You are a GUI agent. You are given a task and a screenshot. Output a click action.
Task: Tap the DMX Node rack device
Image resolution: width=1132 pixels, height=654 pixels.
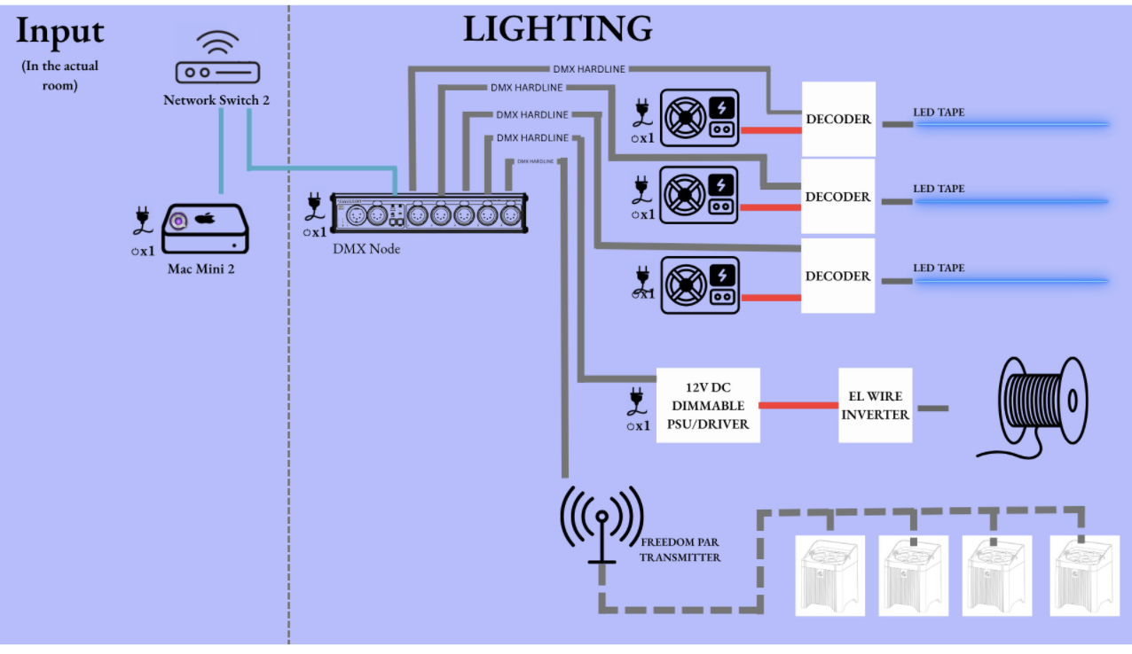click(429, 214)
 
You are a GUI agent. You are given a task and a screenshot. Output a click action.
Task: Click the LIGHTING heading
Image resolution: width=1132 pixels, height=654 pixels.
click(557, 29)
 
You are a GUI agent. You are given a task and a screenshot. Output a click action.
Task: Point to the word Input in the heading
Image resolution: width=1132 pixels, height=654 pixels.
click(60, 31)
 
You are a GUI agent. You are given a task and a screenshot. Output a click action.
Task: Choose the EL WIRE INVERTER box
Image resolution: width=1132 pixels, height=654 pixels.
click(875, 407)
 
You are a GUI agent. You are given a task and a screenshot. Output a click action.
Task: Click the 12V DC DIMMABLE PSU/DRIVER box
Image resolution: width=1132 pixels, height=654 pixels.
click(708, 406)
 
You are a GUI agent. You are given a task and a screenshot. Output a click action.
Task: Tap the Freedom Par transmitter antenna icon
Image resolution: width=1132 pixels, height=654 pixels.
click(601, 524)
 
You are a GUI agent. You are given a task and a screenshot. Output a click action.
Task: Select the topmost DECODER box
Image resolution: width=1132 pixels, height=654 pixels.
click(838, 119)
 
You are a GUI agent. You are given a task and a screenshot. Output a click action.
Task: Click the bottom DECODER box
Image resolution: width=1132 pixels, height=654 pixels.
click(837, 276)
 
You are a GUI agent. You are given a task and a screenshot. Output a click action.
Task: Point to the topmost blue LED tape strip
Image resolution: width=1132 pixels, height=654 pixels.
click(1012, 124)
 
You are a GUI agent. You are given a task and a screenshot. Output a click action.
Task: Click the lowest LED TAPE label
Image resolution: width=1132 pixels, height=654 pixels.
click(939, 268)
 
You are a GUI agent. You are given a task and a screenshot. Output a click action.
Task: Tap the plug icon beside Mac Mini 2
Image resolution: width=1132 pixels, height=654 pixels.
click(141, 220)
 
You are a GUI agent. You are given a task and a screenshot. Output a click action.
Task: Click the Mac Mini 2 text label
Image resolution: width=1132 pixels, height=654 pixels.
click(200, 269)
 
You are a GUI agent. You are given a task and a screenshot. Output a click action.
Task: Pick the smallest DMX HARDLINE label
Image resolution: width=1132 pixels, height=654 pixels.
click(536, 161)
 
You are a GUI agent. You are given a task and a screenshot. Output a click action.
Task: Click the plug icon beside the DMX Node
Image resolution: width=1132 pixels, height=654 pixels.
click(313, 206)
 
